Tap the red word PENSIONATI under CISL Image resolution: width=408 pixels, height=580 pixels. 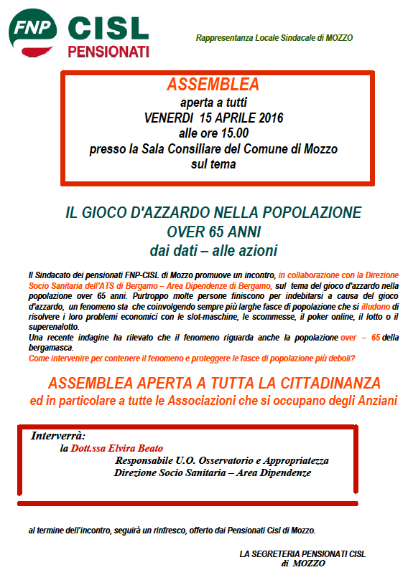click(108, 51)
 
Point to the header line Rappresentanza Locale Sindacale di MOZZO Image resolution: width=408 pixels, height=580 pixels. click(274, 37)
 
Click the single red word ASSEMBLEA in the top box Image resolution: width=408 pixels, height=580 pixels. click(213, 85)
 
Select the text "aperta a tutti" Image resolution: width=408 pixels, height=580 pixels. click(213, 103)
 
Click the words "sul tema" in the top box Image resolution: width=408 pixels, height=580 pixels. click(213, 164)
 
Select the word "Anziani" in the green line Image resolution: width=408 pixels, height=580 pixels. click(374, 401)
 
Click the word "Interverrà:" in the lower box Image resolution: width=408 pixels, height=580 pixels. click(58, 435)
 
